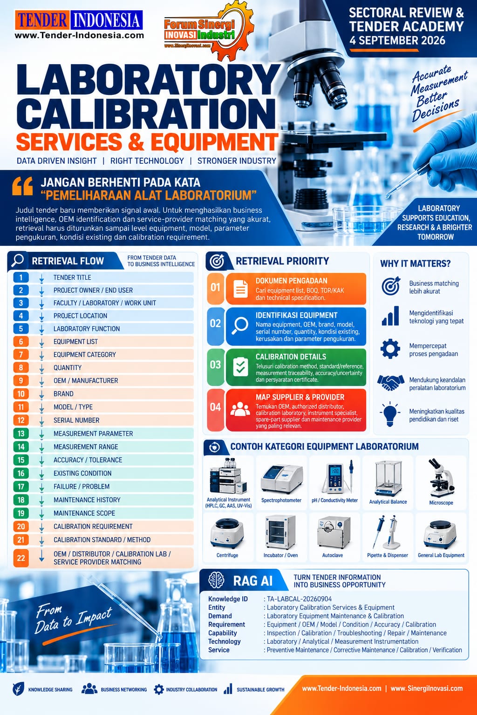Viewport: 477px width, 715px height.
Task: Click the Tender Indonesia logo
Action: click(79, 25)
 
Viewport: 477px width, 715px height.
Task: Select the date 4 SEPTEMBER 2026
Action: click(397, 40)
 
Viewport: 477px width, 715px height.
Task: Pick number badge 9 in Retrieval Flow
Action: click(21, 380)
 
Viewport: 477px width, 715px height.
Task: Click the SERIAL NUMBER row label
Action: click(76, 420)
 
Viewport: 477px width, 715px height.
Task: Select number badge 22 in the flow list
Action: click(21, 558)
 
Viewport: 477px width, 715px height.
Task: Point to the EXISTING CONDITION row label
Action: click(82, 473)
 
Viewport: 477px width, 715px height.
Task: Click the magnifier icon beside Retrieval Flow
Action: click(18, 260)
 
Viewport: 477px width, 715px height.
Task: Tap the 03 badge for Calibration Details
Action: click(215, 365)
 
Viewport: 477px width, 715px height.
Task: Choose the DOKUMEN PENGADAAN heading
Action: click(292, 281)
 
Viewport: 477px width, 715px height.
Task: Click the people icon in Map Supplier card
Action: click(240, 409)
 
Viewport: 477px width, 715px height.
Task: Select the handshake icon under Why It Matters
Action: click(390, 383)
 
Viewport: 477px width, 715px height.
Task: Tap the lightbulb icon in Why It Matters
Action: click(390, 414)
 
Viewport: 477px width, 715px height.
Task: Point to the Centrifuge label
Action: click(227, 555)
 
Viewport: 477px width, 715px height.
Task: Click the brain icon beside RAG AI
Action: click(216, 580)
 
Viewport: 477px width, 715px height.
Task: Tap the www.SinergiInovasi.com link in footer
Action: click(427, 688)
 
